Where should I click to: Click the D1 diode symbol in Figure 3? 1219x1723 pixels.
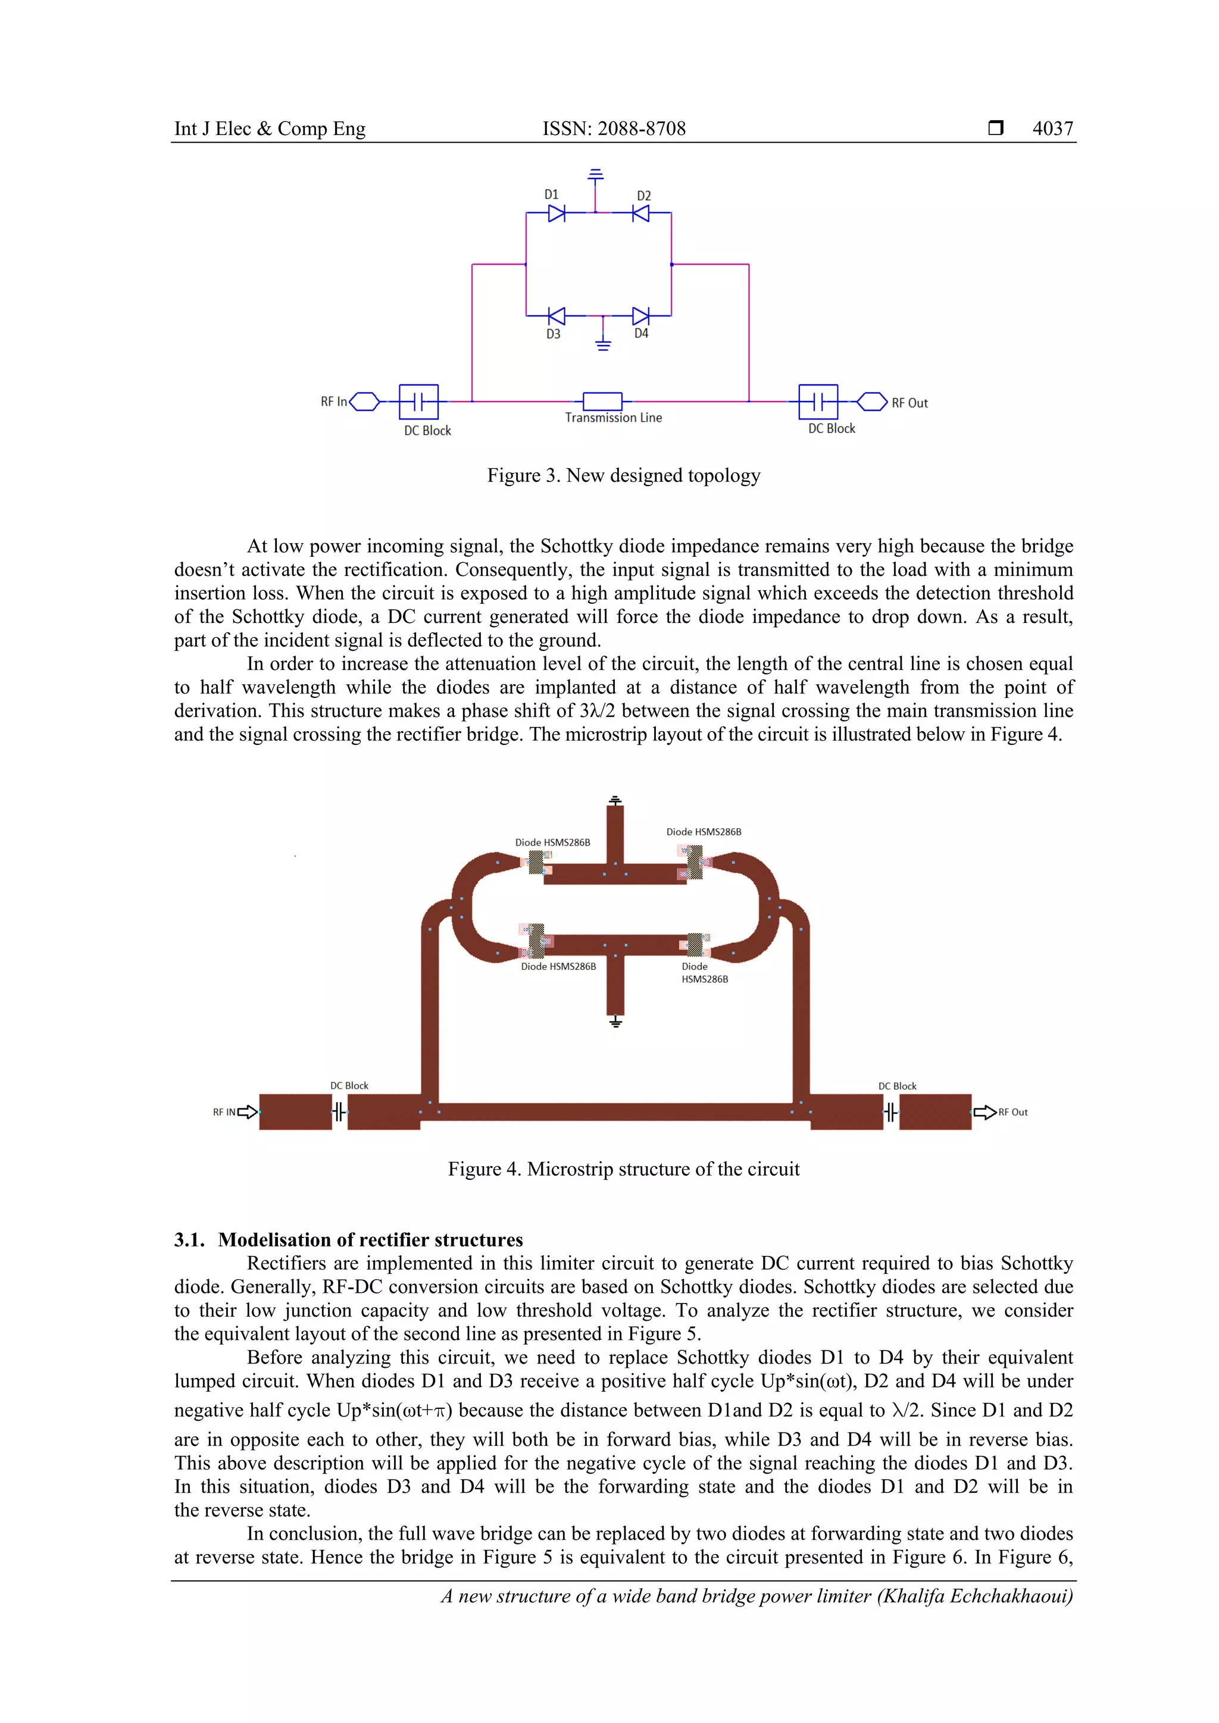coord(556,214)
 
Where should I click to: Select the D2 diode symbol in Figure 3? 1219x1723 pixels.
coord(640,214)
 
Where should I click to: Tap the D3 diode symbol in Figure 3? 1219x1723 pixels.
coord(556,316)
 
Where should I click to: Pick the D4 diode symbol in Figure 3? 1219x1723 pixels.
coord(640,316)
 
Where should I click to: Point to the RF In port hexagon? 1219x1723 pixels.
coord(365,402)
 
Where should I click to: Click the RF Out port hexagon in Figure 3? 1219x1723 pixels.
coord(872,402)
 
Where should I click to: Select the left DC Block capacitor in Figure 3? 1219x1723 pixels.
coord(419,402)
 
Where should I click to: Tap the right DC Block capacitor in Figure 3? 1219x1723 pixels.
coord(818,402)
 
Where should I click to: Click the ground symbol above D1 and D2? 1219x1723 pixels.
coord(595,175)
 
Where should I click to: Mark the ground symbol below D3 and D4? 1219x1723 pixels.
coord(603,344)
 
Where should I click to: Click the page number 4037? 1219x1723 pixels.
coord(1052,129)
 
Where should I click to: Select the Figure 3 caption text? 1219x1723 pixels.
coord(623,476)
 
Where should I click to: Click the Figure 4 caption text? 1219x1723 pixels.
coord(623,1169)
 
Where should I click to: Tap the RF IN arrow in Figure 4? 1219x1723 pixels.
coord(247,1112)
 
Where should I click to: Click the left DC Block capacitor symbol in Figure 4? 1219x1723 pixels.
coord(339,1111)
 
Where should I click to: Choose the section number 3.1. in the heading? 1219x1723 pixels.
coord(189,1240)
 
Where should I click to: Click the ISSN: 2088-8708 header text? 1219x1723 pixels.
coord(614,129)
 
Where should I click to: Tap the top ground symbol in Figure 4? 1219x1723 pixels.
coord(615,801)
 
